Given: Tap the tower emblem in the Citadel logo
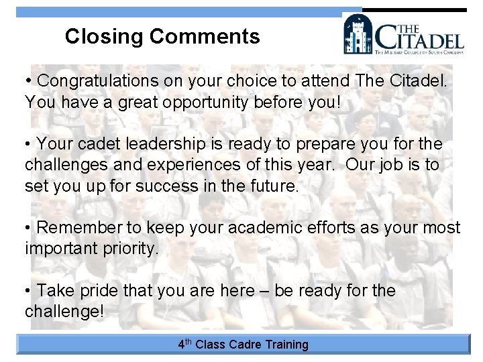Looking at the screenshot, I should [358, 34].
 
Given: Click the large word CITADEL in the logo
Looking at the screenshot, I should [419, 38].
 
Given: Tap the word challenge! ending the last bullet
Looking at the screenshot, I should [64, 312].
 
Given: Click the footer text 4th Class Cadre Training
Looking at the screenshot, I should [243, 345].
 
